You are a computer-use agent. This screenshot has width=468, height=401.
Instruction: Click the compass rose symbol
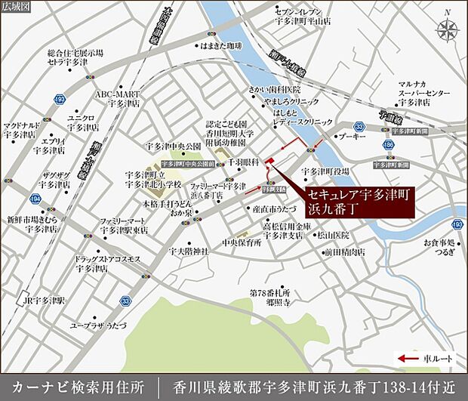447,30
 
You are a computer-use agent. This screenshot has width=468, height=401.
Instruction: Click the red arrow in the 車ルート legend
408,359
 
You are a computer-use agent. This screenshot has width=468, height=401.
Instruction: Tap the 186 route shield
388,143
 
